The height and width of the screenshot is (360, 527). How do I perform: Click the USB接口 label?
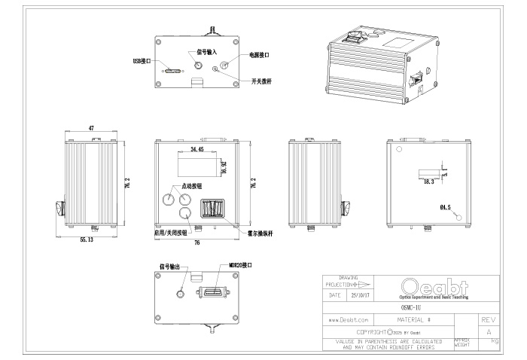tap(142, 60)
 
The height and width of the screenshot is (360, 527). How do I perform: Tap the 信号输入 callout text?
tap(206, 52)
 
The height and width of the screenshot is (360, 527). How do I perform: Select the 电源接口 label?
tap(259, 55)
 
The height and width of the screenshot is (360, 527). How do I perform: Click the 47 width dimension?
tap(91, 130)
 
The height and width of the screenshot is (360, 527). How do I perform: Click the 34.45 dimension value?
tap(198, 150)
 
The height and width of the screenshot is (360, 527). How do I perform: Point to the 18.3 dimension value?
tap(429, 182)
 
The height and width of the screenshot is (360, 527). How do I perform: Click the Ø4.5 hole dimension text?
tap(445, 207)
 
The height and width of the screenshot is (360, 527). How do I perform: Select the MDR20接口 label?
tap(240, 266)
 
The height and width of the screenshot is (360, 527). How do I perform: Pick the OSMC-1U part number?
tap(411, 307)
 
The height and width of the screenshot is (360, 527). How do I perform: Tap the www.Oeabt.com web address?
tap(348, 320)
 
